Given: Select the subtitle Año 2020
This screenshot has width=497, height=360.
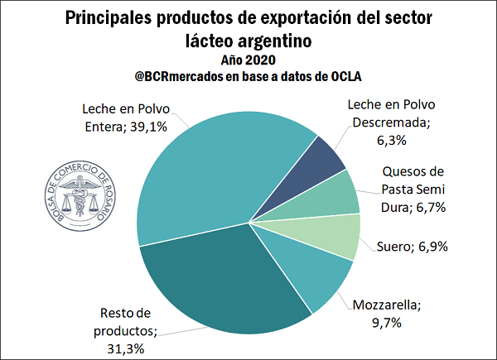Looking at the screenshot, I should (x=248, y=60).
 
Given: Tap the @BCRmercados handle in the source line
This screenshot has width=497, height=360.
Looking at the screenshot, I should (x=186, y=77).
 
